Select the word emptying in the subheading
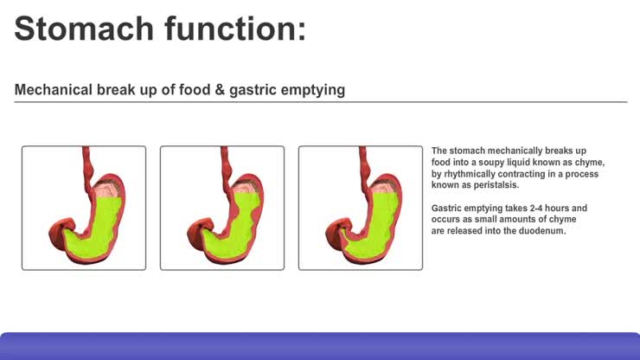[x=314, y=89]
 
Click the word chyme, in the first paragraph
[x=586, y=163]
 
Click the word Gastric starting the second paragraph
[x=447, y=209]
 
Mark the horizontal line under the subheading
[x=320, y=102]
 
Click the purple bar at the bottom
[x=320, y=346]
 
